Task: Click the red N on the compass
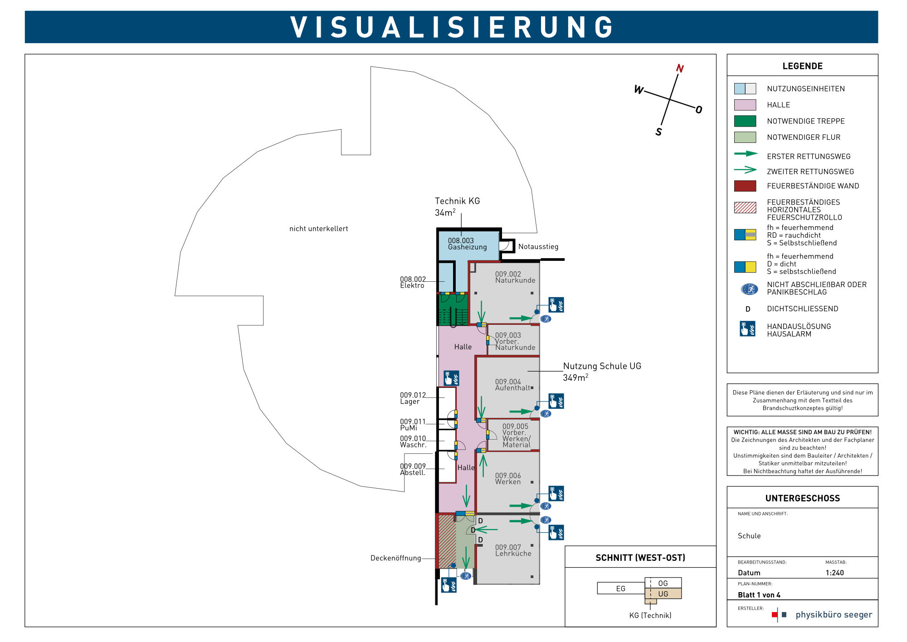(679, 69)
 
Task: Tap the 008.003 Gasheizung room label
(467, 244)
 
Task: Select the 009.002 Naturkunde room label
(515, 277)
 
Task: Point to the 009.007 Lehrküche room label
(513, 550)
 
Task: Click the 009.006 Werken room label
(508, 479)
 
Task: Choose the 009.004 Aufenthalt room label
(512, 385)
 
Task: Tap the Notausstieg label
(538, 247)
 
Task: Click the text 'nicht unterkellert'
(318, 229)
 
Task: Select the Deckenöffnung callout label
(395, 558)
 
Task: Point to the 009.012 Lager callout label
(413, 398)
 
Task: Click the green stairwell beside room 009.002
(453, 309)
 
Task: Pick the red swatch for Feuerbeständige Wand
(745, 186)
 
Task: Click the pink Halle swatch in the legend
(745, 105)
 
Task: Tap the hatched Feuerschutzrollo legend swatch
(745, 207)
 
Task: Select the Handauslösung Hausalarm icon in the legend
(747, 328)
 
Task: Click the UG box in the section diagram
(663, 594)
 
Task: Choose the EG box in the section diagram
(620, 588)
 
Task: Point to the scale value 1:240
(834, 573)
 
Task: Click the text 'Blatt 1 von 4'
(759, 595)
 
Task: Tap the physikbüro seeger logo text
(834, 615)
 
